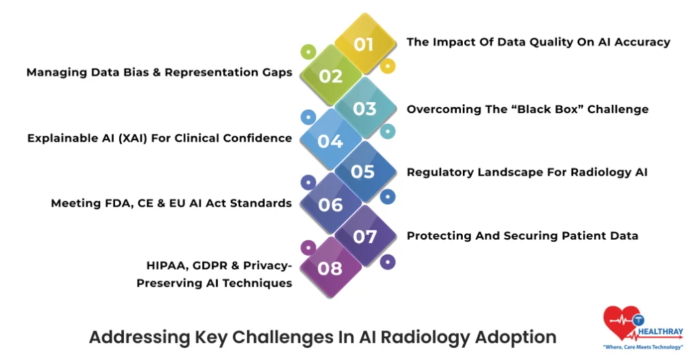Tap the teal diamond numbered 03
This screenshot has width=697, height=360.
click(365, 108)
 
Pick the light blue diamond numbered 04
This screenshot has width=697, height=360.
click(330, 140)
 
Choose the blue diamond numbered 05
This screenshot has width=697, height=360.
click(363, 171)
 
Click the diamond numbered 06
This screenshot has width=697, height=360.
click(330, 203)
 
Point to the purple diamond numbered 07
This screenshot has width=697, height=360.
click(365, 236)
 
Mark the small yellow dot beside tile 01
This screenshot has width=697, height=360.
click(387, 67)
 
